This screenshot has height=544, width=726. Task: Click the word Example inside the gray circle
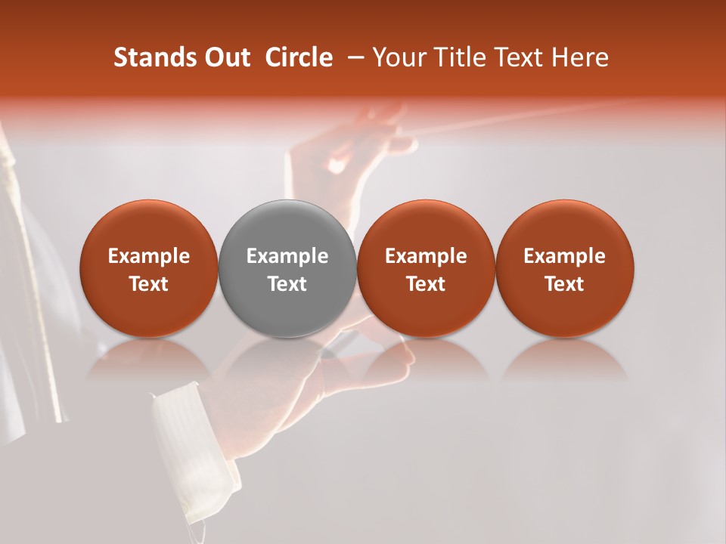287,256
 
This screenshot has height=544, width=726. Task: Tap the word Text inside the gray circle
287,284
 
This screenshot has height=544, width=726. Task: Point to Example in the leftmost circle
148,256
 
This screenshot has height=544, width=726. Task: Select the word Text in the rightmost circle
564,284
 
